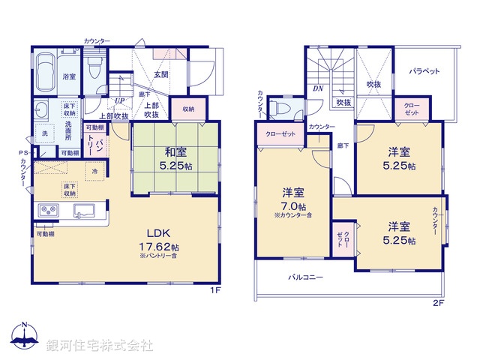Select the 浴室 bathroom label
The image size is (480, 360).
(x=69, y=76)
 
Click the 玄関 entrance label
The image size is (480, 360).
(x=161, y=74)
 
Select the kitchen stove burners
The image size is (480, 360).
(x=47, y=210)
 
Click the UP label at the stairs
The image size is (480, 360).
(x=119, y=101)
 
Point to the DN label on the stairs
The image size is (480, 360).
(x=317, y=88)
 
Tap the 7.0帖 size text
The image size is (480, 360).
(x=292, y=206)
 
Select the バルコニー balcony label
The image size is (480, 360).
(x=306, y=277)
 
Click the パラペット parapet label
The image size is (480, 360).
(x=424, y=71)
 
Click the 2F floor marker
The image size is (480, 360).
(x=438, y=303)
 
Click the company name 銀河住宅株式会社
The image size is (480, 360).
(x=100, y=346)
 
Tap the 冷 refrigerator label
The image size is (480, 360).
(x=95, y=170)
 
